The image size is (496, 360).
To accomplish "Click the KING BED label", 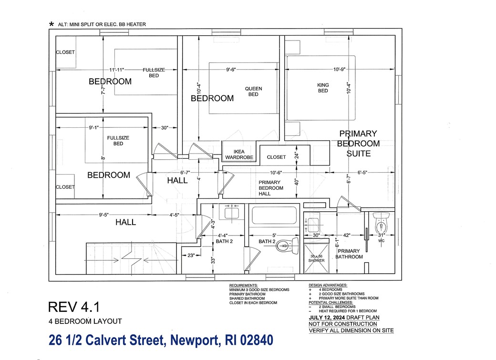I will point(323,88).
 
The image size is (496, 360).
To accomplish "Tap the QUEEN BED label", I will point(253,91).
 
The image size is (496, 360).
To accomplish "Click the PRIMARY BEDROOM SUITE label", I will point(358,144).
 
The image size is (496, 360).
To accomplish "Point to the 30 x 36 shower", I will point(315,257).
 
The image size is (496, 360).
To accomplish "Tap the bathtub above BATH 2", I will point(274,216).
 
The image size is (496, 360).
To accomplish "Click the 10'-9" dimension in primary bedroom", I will point(339,70).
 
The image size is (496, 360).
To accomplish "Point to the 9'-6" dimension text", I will point(233,70).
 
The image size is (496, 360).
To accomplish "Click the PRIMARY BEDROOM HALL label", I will point(271,188).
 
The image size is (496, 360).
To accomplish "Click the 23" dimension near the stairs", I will point(191,256).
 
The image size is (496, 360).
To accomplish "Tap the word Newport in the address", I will point(190,340).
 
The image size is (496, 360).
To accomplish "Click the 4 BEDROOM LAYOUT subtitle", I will point(85,321).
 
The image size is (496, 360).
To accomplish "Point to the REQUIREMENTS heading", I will point(244,285).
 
